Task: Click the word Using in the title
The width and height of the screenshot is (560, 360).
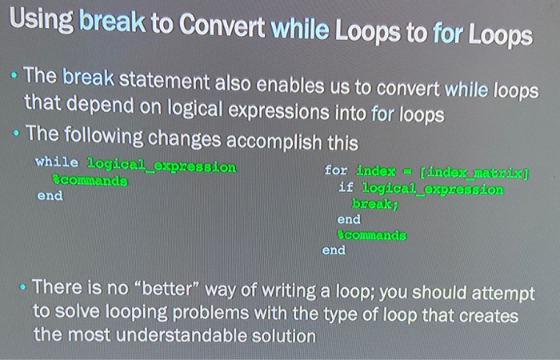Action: pos(42,21)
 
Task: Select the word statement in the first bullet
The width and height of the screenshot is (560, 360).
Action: pos(164,81)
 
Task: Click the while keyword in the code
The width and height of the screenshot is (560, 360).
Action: pos(57,162)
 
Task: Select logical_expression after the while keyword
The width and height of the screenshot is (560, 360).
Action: pos(162,166)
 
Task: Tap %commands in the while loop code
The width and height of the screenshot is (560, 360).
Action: pos(90,180)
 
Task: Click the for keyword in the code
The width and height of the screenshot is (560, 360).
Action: pos(335,170)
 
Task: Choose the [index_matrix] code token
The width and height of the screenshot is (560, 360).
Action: pos(474,173)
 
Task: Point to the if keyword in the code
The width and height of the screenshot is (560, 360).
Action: pos(346,186)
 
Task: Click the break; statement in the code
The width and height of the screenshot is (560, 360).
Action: pos(374,203)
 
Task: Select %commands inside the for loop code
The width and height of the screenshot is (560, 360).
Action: pos(372,234)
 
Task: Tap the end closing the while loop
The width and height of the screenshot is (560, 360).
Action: pos(50,195)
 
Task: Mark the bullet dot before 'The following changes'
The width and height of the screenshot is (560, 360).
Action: pos(16,134)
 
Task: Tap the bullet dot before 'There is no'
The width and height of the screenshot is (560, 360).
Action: pos(23,286)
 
